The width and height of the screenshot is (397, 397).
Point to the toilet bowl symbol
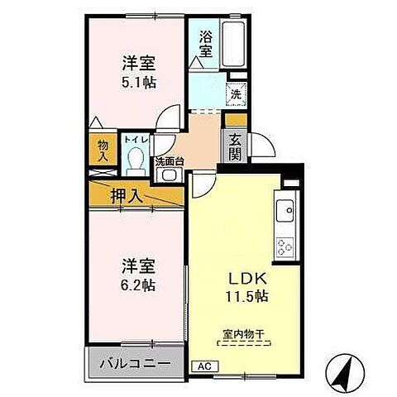tap(137, 158)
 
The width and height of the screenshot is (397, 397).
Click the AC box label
tap(203, 366)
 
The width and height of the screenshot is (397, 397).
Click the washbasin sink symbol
tap(170, 175)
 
